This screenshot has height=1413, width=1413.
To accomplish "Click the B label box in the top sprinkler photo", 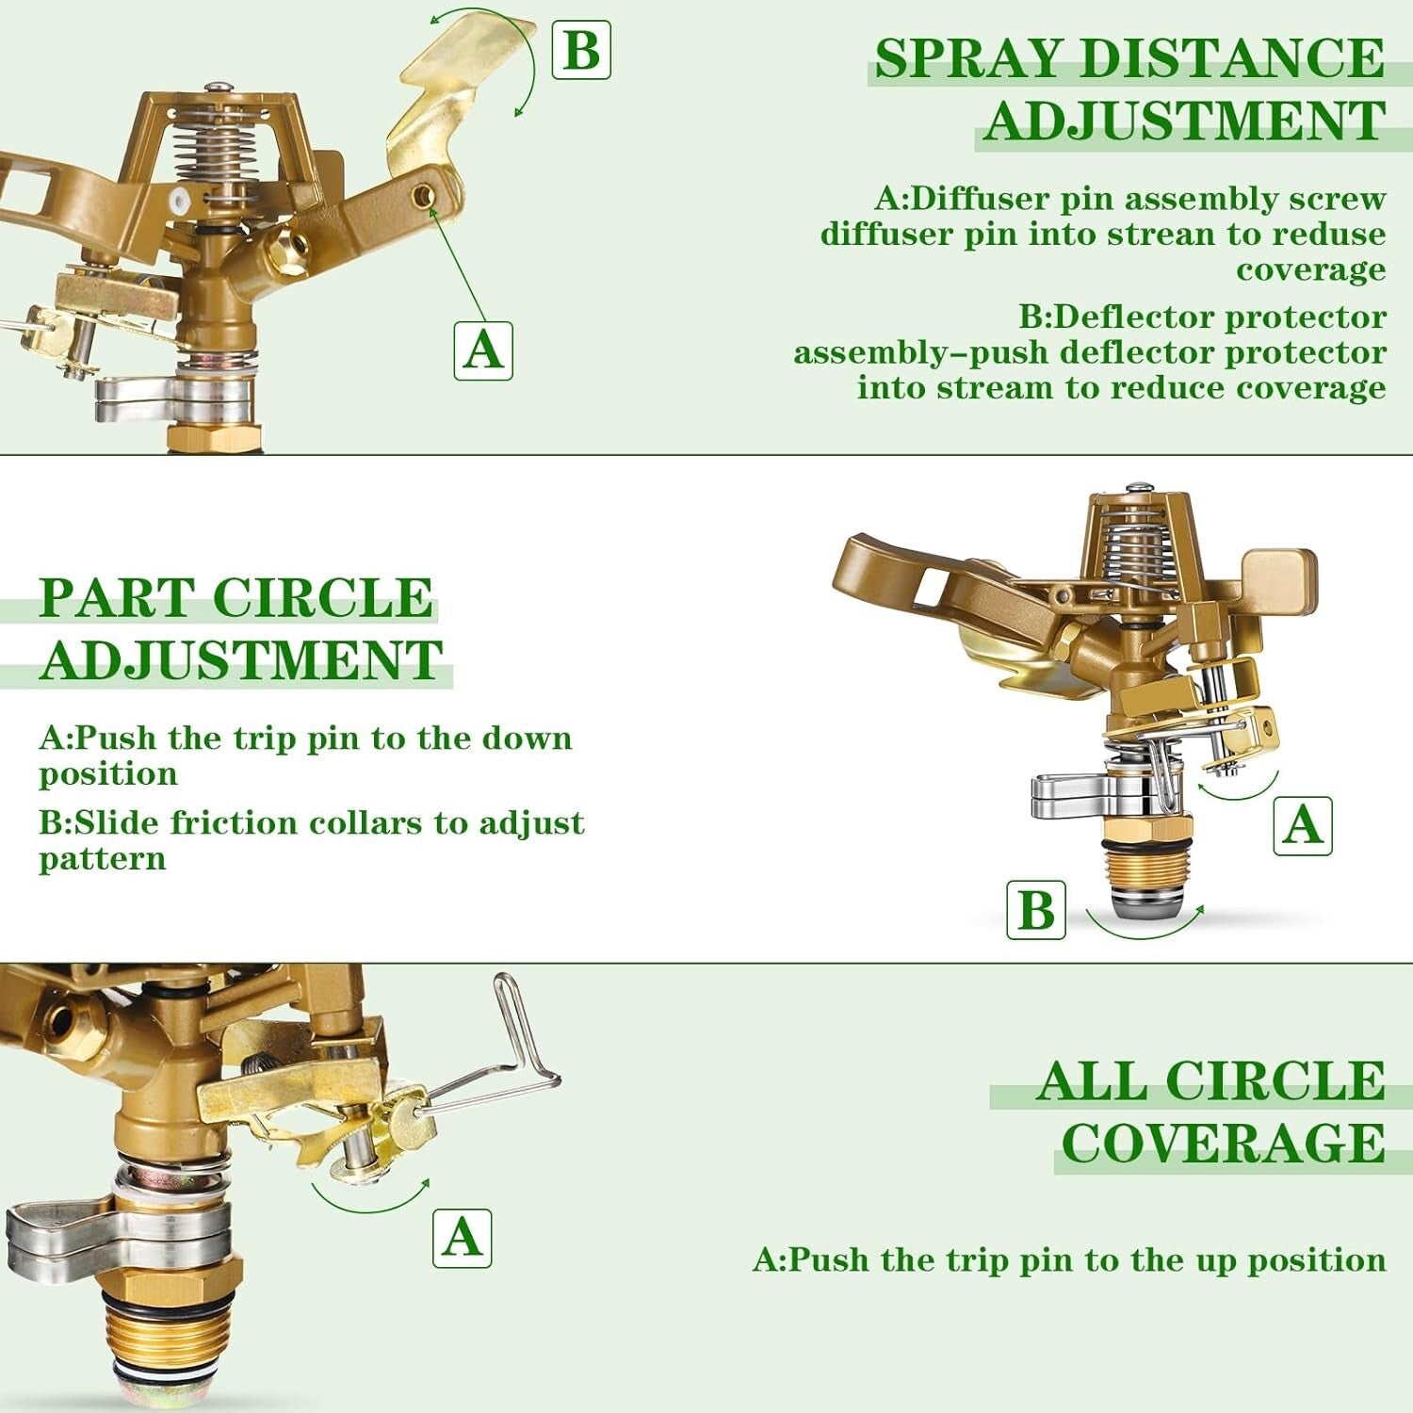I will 580,49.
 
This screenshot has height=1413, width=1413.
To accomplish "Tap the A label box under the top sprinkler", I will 483,350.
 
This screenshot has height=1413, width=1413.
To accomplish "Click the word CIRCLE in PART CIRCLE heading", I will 323,598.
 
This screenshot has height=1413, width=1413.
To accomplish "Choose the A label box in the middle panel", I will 1302,825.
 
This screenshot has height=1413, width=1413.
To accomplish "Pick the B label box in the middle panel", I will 1035,910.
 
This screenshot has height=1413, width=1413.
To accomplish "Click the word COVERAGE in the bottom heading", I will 1223,1143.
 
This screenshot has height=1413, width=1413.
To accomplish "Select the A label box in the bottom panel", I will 462,1238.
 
